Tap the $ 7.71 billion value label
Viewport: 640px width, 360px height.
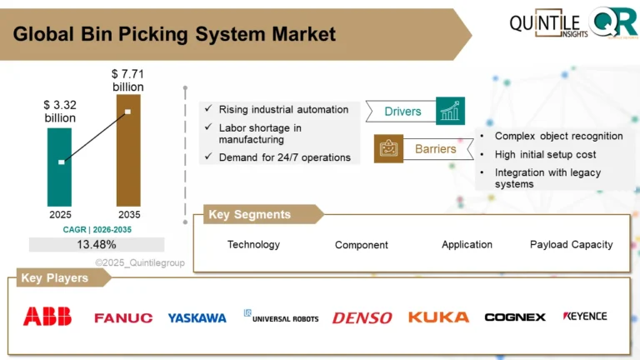point(128,81)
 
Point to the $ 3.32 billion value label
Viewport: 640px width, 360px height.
point(60,112)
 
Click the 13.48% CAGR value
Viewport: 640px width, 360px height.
point(97,244)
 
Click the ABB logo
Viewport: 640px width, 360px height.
point(47,317)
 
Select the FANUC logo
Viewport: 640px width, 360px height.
point(123,317)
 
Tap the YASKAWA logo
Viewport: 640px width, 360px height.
point(197,317)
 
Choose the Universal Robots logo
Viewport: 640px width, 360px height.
point(281,317)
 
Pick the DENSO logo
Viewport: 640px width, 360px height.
point(362,317)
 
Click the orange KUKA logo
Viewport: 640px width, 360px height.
point(438,317)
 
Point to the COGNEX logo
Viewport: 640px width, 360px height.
point(515,317)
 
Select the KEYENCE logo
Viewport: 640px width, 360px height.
point(585,317)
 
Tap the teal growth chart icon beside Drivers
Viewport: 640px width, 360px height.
point(450,111)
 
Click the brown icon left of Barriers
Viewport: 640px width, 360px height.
point(388,149)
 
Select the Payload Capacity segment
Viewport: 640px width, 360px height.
point(571,244)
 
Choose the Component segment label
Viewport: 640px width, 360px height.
point(362,245)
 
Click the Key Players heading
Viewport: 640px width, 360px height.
point(54,278)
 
